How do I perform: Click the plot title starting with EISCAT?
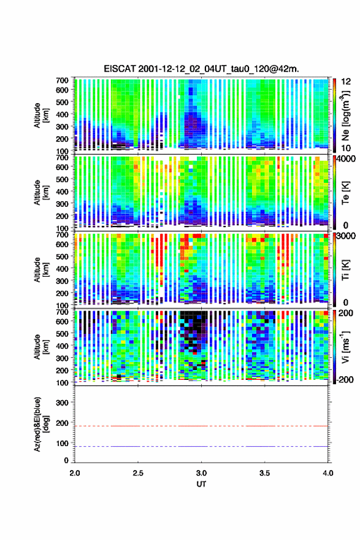point(201,69)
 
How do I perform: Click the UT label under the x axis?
point(201,484)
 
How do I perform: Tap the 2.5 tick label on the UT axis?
point(138,473)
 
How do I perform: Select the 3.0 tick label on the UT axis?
point(201,473)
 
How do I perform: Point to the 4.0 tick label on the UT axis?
point(328,473)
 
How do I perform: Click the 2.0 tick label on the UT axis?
point(75,473)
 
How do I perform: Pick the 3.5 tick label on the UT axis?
point(265,473)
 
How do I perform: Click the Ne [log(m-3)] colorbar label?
point(346,115)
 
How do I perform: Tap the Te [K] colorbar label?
point(345,193)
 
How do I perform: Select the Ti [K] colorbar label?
point(345,269)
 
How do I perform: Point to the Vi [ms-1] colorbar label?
point(345,347)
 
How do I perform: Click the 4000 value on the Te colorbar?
point(347,159)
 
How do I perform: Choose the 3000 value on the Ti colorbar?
point(347,236)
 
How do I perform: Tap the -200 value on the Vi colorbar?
point(345,379)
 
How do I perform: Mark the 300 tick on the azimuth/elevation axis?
point(62,403)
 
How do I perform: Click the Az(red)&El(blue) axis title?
point(41,424)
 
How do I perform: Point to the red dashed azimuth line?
point(201,426)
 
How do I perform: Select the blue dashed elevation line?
point(201,446)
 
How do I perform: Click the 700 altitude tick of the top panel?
point(62,80)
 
